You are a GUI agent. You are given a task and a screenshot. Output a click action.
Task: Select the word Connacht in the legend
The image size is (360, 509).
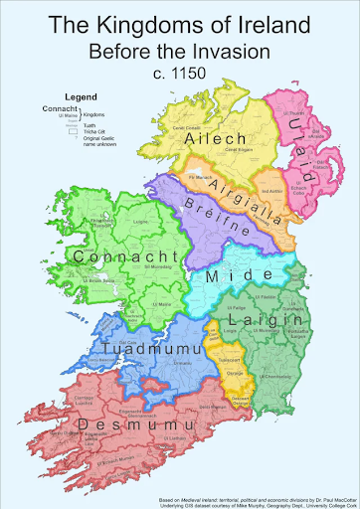pyautogui.click(x=56, y=108)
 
